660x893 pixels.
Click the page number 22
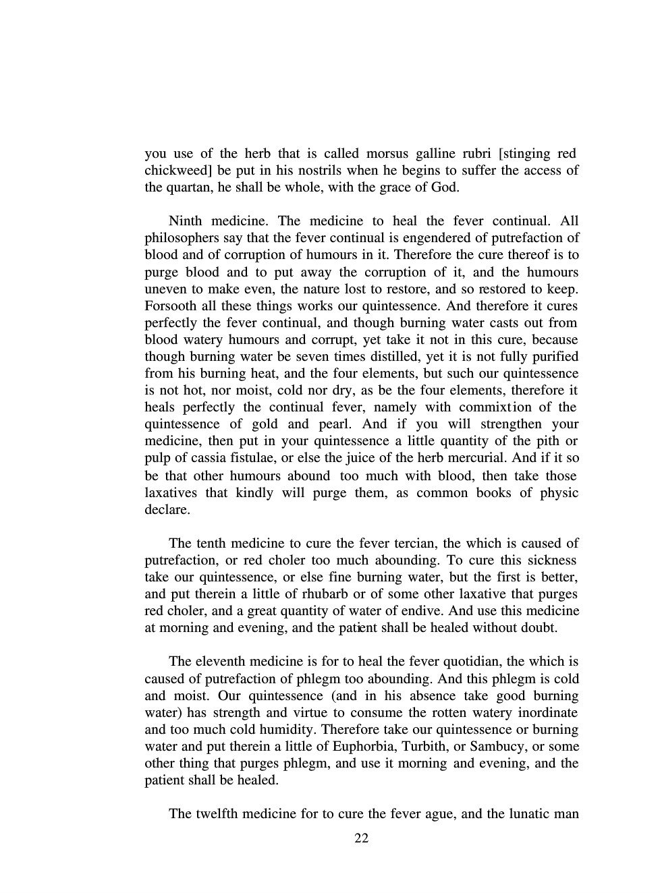tap(361, 838)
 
